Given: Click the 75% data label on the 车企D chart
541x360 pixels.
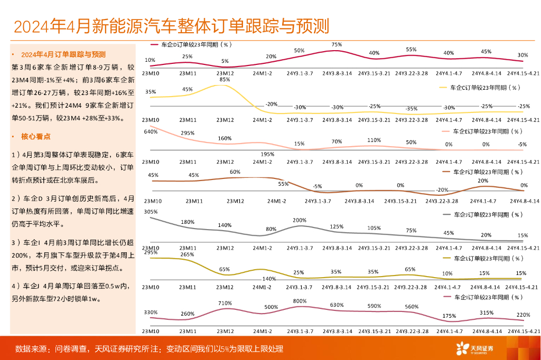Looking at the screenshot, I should (337, 45).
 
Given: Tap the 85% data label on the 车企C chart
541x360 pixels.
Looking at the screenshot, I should (225, 79).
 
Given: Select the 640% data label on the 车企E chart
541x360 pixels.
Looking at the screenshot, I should (151, 131).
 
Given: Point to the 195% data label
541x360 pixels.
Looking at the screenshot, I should (268, 154).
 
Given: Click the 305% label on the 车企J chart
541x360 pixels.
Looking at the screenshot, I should (151, 212).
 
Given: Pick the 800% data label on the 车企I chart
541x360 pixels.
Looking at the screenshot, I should (300, 301).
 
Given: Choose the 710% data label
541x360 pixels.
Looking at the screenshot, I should (225, 303).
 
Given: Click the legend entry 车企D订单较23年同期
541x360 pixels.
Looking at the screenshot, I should (195, 45).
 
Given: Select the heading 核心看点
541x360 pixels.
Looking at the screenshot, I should (36, 136).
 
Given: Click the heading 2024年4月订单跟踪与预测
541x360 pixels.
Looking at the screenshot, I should (63, 54).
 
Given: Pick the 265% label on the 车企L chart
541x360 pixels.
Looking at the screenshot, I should (187, 254).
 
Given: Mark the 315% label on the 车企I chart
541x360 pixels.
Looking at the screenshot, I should (486, 312).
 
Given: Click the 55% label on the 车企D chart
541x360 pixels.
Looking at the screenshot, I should (411, 50).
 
